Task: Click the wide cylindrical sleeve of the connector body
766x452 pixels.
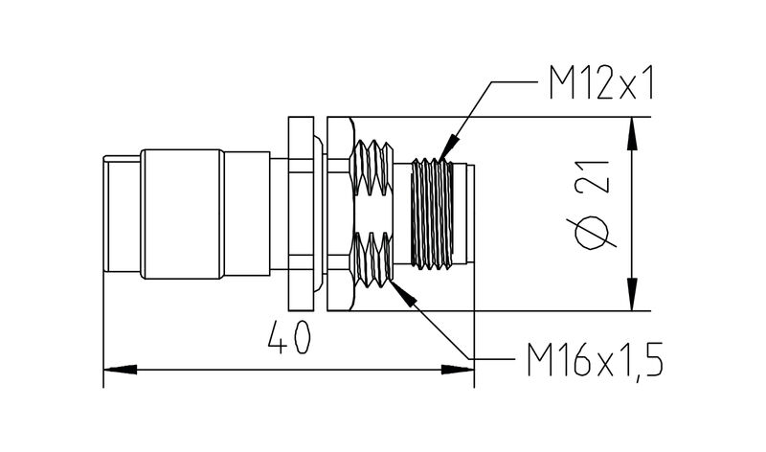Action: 182,213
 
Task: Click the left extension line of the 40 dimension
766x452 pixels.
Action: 102,326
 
